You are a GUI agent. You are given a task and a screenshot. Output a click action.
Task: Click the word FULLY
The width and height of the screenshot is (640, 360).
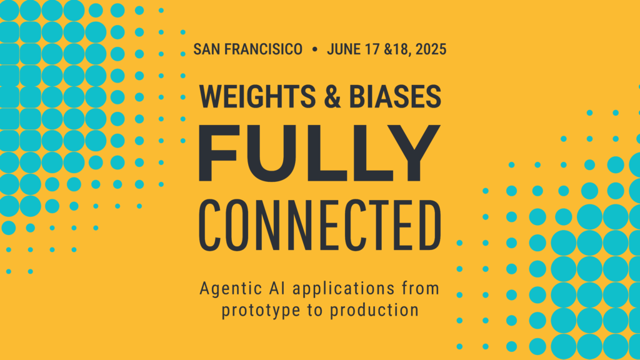coord(319,153)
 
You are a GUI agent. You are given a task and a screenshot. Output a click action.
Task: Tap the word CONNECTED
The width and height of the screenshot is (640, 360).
coord(320,225)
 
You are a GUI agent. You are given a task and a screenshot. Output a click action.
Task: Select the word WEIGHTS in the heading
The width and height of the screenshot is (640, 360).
coord(257,97)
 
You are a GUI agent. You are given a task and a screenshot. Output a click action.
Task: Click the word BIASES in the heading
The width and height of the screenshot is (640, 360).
coord(395,97)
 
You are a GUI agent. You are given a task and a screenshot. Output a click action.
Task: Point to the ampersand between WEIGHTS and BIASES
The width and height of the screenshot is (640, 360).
coord(332,97)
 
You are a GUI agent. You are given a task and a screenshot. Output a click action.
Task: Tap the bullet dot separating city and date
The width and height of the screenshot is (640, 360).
coord(315,49)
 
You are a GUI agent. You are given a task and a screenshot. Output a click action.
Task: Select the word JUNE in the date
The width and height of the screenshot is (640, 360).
coord(344,49)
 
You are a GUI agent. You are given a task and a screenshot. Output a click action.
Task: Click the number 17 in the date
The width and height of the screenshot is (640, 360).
coord(372,49)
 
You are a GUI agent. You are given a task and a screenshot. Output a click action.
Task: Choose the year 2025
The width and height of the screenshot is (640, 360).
coord(431,49)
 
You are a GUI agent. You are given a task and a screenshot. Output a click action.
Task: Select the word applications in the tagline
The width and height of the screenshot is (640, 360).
coord(344,289)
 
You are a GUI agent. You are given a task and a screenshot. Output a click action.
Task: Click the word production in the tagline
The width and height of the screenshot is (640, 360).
coord(374,311)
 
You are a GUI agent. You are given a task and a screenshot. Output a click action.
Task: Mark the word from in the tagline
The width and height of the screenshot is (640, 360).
coord(421,288)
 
